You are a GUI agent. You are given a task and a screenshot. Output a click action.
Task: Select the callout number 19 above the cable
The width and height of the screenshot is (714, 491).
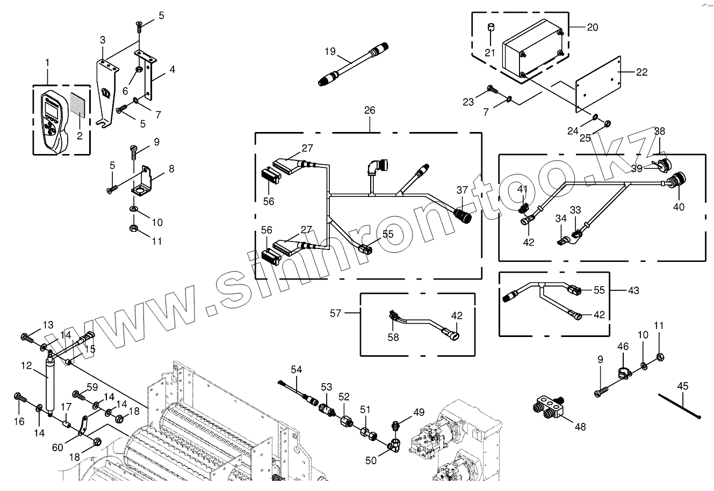(330, 52)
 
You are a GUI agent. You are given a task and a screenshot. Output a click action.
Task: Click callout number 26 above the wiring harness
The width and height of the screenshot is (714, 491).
(370, 111)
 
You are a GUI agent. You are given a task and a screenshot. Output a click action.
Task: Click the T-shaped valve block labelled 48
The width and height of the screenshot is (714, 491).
(550, 406)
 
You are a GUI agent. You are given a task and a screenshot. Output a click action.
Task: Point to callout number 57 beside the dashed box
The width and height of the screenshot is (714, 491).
(336, 312)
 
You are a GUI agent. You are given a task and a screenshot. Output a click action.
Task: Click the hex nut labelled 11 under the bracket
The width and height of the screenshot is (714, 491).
(133, 230)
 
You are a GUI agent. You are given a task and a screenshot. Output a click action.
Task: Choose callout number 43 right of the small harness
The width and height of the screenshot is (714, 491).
(633, 290)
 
